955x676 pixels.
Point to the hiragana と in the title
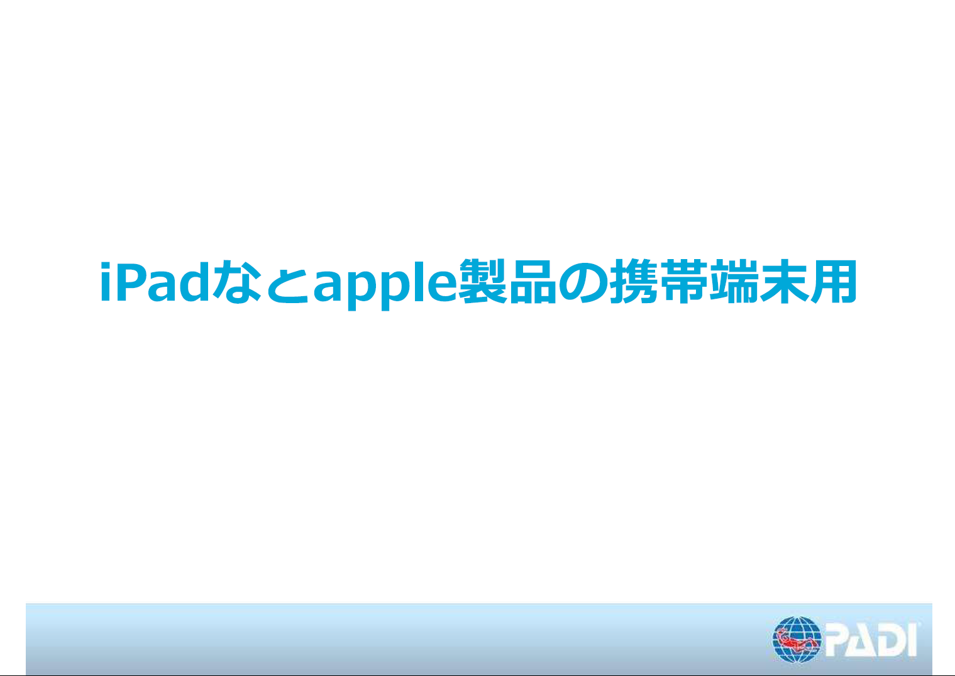(287, 282)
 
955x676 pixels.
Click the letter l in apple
(419, 281)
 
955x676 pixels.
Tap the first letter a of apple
(328, 287)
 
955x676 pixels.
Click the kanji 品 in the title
(533, 282)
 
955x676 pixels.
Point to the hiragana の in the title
(583, 282)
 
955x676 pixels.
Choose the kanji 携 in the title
(634, 282)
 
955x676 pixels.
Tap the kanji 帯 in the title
(684, 282)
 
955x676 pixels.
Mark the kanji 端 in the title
(734, 282)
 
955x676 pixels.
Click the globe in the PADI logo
(797, 640)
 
